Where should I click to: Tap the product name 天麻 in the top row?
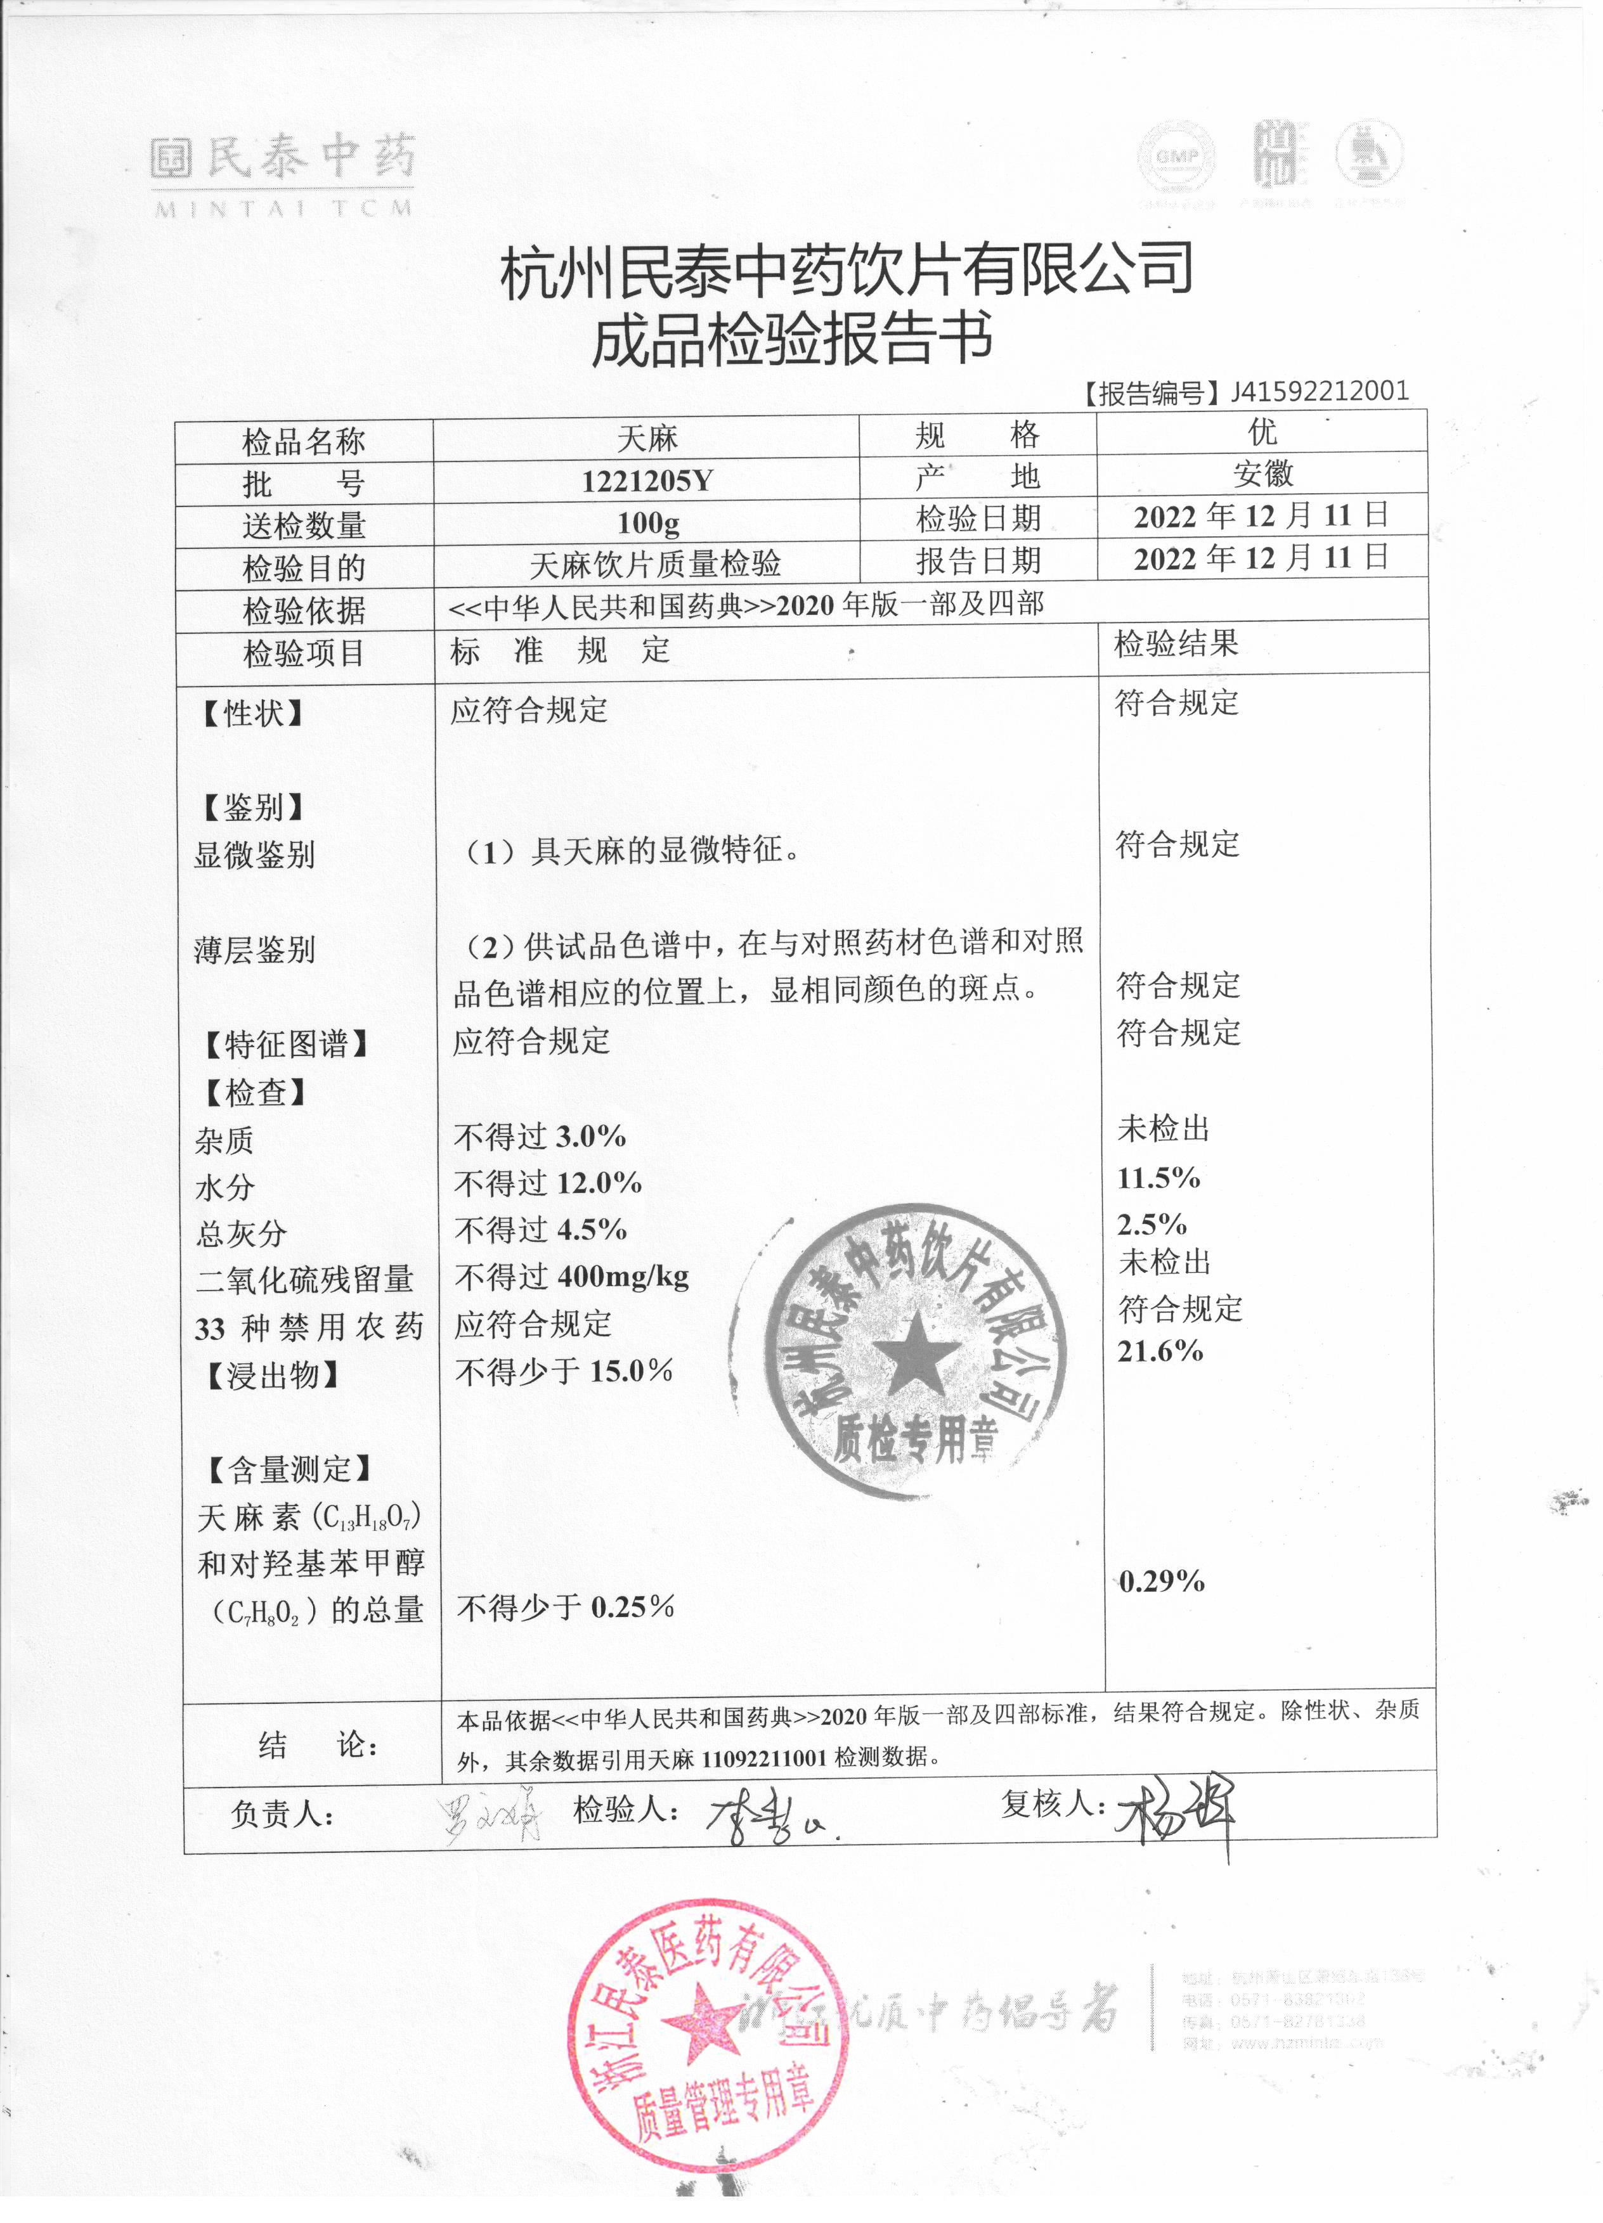[x=647, y=438]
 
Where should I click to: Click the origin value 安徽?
[x=1262, y=474]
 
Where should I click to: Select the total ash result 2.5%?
[x=1152, y=1224]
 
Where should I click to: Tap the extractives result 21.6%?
[x=1160, y=1351]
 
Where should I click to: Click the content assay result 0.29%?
[x=1162, y=1581]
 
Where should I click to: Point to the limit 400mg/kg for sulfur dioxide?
[x=623, y=1276]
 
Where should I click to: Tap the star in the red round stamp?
[x=703, y=2019]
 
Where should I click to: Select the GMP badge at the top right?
[x=1176, y=157]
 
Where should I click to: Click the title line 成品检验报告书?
[x=792, y=338]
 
